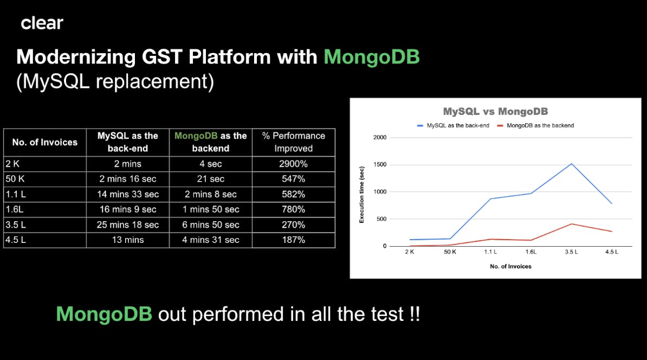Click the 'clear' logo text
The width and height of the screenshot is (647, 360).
[42, 23]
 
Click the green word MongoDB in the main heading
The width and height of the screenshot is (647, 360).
[371, 57]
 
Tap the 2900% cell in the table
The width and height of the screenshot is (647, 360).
[293, 164]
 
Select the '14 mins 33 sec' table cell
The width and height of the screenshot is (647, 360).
[128, 194]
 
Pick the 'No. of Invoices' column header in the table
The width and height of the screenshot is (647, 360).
[44, 143]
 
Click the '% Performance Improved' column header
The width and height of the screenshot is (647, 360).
[293, 142]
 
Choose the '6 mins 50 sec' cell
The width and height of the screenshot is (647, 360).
[211, 224]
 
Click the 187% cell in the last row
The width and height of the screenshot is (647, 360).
[293, 240]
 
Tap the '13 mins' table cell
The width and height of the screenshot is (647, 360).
[128, 240]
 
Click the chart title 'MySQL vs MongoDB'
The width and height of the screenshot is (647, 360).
[496, 112]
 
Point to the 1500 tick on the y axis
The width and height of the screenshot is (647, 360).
[380, 164]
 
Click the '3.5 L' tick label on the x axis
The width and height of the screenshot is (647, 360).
[571, 252]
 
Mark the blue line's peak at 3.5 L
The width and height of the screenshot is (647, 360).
[572, 164]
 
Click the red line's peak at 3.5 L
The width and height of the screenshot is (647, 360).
[572, 224]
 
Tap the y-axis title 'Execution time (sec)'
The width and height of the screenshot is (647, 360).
[361, 195]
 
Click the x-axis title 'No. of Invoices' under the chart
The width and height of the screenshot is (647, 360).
[510, 267]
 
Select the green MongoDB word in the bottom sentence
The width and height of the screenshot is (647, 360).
[104, 314]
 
